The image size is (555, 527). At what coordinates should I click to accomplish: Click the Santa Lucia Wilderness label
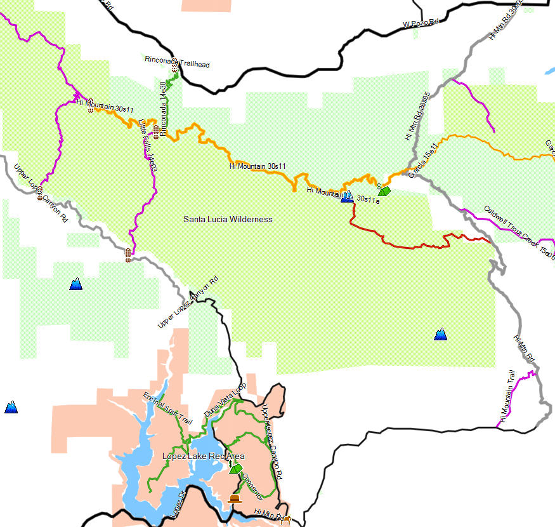pyautogui.click(x=228, y=220)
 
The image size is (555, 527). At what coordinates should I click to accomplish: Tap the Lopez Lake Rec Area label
pyautogui.click(x=203, y=457)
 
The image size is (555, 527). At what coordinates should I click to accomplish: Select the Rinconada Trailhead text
pyautogui.click(x=177, y=62)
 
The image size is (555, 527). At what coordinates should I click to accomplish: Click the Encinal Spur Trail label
pyautogui.click(x=167, y=410)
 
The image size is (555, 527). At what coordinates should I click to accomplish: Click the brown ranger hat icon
pyautogui.click(x=235, y=499)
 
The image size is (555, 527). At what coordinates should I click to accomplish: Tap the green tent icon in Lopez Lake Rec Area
pyautogui.click(x=236, y=469)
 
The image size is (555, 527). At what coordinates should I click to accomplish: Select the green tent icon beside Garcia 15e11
pyautogui.click(x=384, y=190)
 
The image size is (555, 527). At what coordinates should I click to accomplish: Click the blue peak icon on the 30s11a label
pyautogui.click(x=347, y=196)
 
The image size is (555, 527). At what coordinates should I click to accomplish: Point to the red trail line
pyautogui.click(x=406, y=245)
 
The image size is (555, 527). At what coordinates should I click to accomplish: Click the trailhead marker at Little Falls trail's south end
pyautogui.click(x=129, y=255)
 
